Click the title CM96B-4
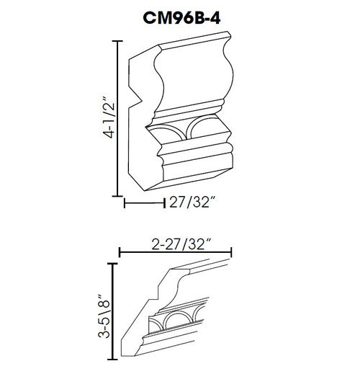click(181, 18)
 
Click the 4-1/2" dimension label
click(108, 117)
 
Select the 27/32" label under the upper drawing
click(192, 202)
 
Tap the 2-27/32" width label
click(181, 244)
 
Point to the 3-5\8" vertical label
click(104, 316)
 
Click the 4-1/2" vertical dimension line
click(117, 119)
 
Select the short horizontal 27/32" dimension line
click(144, 202)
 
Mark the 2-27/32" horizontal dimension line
click(176, 252)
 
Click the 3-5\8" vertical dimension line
click(112, 311)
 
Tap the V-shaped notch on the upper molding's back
click(138, 99)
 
